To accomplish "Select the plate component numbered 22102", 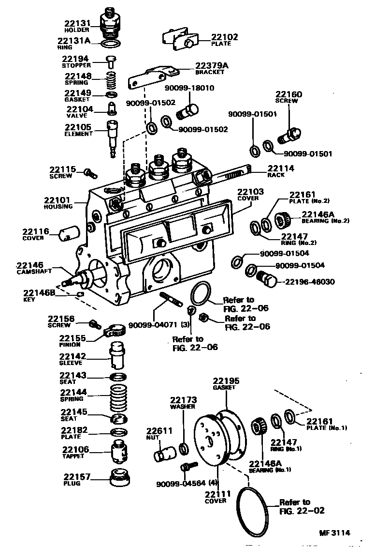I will (179, 39).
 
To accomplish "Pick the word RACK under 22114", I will (276, 175).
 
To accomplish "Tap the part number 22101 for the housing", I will (58, 199).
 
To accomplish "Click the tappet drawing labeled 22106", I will (118, 451).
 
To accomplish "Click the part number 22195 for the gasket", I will (226, 381).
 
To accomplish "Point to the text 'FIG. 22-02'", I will (302, 510).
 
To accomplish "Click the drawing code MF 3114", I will (334, 533).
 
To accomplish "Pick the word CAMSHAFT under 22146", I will (37, 272).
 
